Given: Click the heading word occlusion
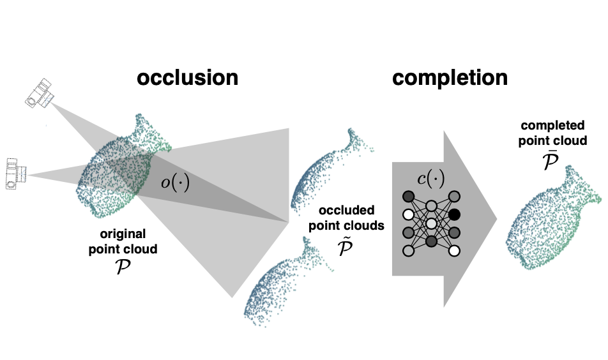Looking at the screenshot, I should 186,78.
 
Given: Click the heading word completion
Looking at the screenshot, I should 450,78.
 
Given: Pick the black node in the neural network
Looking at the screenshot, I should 454,214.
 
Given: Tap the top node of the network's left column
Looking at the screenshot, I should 407,196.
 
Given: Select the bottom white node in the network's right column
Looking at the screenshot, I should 454,251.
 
